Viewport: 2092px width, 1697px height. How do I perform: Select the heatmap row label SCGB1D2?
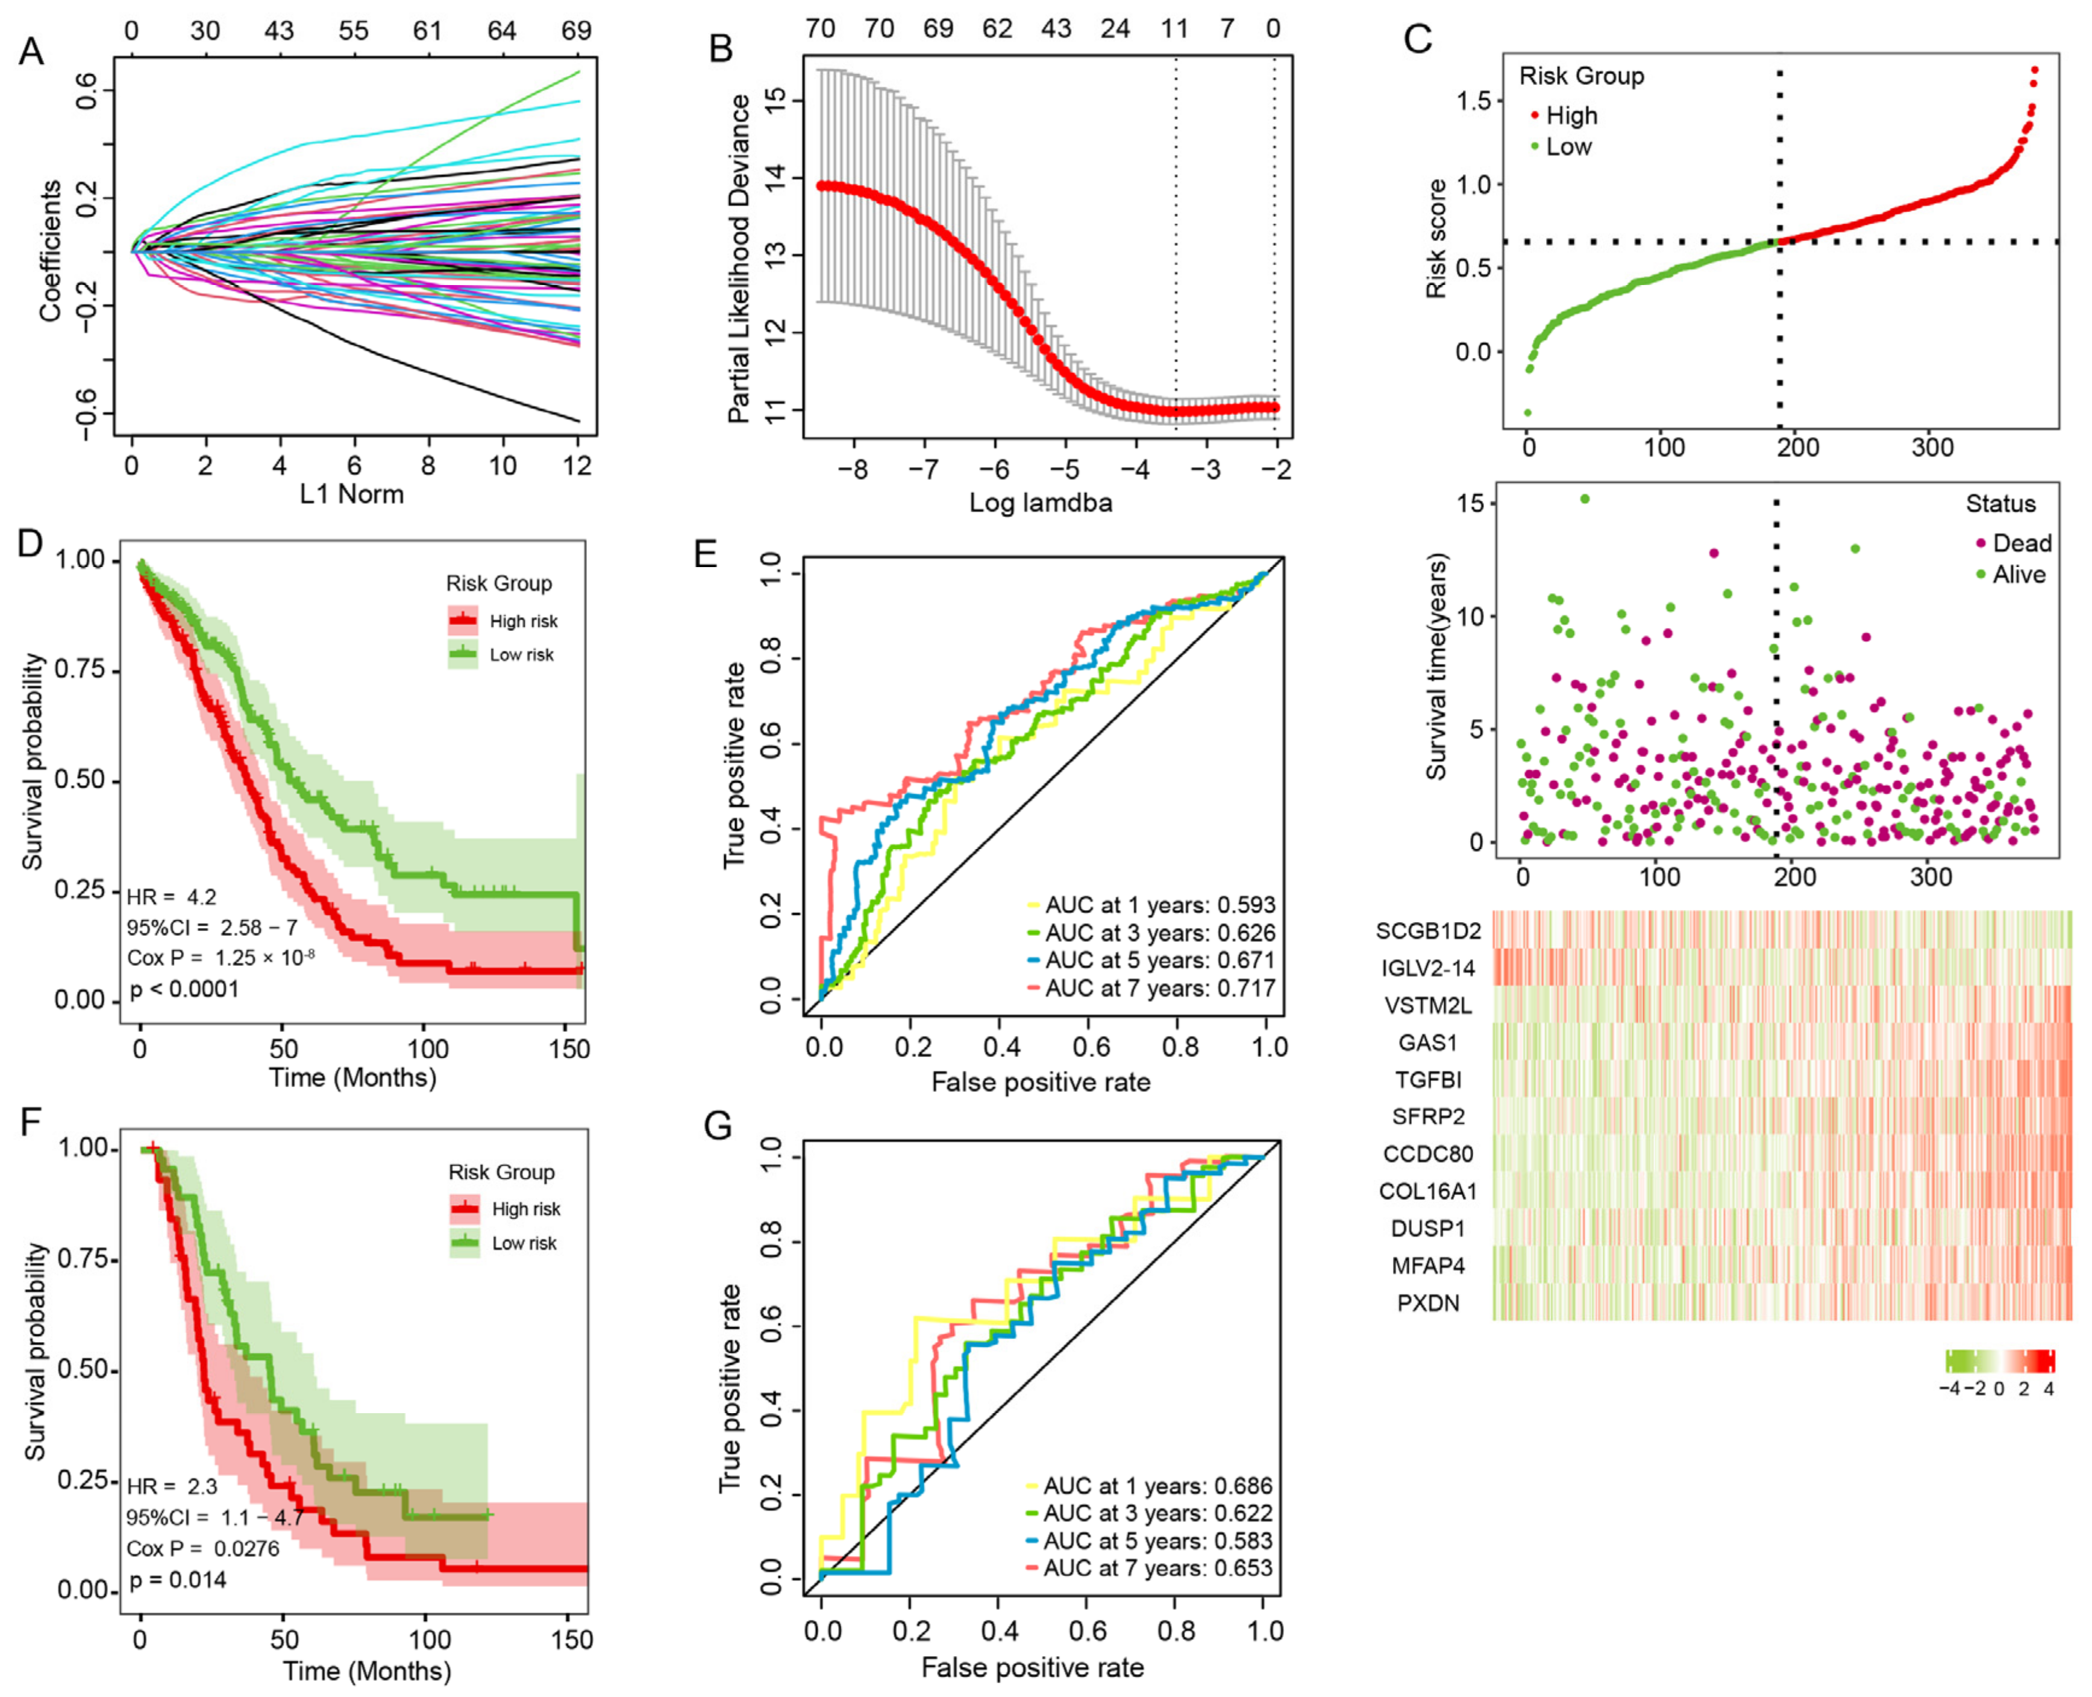pyautogui.click(x=1427, y=930)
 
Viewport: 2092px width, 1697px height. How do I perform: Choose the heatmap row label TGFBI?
pyautogui.click(x=1427, y=1079)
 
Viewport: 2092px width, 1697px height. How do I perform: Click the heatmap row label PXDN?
pyautogui.click(x=1427, y=1303)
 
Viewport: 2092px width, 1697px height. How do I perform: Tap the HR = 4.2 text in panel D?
pyautogui.click(x=172, y=896)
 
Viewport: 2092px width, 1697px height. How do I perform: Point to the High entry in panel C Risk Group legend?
pyautogui.click(x=1570, y=115)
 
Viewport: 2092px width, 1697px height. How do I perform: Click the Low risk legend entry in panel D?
pyautogui.click(x=521, y=655)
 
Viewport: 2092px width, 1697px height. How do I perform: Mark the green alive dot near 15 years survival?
pyautogui.click(x=1585, y=500)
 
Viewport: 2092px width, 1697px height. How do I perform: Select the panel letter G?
pyautogui.click(x=718, y=1126)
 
